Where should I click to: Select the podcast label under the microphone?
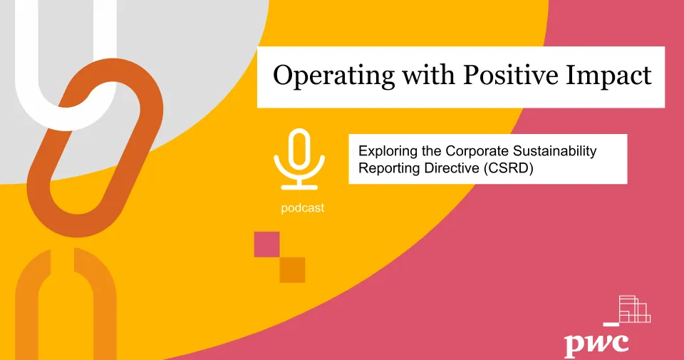point(302,208)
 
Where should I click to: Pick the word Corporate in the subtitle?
point(477,151)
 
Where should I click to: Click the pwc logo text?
point(596,343)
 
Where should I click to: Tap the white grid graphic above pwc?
point(634,309)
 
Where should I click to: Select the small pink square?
point(267,244)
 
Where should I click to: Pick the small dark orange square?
point(292,269)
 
